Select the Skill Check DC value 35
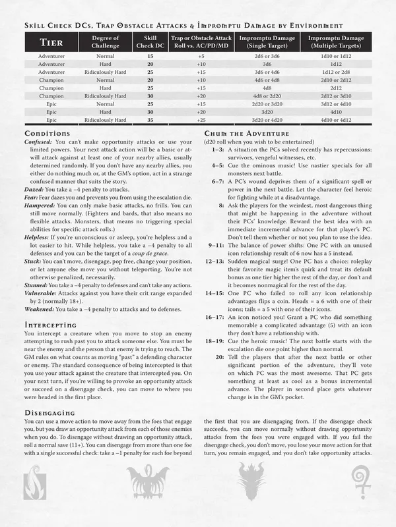point(150,121)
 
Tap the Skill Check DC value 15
point(150,57)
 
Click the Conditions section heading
point(47,134)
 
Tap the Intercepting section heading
point(50,325)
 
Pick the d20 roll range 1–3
point(217,150)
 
